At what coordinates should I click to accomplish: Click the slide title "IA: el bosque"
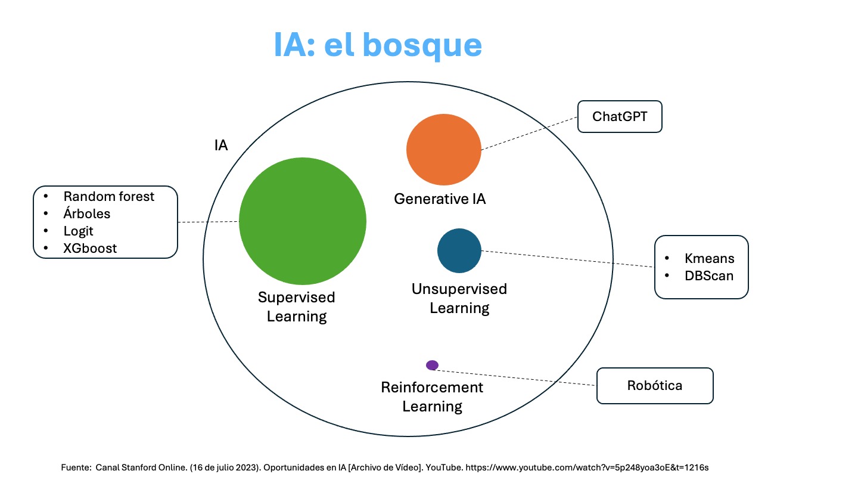coord(377,45)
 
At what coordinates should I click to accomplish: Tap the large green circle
coord(303,221)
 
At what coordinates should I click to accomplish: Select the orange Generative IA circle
coord(443,149)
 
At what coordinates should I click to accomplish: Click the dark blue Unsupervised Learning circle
coord(459,251)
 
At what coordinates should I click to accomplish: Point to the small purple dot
coord(433,365)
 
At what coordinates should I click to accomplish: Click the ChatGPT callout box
coord(620,116)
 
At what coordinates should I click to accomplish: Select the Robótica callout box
coord(654,385)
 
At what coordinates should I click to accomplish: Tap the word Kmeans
coord(709,259)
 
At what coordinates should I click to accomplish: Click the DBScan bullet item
coord(709,275)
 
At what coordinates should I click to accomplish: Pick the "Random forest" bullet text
coord(108,196)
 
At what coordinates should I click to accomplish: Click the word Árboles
coord(86,213)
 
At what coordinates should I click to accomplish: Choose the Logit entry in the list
coord(78,231)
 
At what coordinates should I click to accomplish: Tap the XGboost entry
coord(90,248)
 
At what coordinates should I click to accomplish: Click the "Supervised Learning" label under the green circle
coord(297,306)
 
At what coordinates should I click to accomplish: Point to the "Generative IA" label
coord(440,199)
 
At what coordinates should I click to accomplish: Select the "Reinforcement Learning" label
coord(432,397)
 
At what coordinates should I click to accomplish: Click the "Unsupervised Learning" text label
coord(459,298)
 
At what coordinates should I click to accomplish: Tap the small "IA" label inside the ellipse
coord(221,145)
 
